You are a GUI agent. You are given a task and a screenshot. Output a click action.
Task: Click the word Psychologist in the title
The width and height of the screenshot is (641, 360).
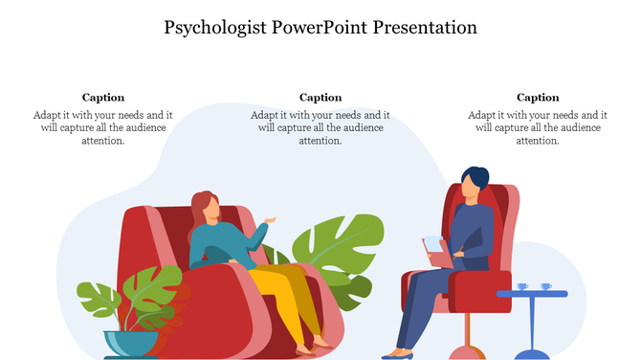pos(212,27)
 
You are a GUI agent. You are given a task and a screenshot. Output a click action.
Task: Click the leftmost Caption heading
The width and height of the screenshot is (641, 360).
pos(103,97)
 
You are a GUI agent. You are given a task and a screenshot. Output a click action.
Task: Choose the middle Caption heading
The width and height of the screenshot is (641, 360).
pos(320,97)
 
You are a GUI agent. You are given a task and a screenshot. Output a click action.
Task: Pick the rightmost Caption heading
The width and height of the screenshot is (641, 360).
pos(538,97)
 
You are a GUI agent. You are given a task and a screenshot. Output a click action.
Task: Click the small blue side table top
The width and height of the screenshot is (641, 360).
pos(532,294)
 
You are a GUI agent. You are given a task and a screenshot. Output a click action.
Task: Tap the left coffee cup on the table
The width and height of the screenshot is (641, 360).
pos(521,286)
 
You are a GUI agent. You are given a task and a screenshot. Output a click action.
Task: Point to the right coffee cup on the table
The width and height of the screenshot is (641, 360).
pos(545,286)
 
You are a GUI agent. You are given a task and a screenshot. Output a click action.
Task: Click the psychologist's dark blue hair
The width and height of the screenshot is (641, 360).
pos(476,176)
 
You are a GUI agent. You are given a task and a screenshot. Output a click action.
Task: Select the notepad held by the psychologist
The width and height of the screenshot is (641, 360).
pos(433,246)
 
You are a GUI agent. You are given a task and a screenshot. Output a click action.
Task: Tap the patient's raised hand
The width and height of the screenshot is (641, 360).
pos(271,221)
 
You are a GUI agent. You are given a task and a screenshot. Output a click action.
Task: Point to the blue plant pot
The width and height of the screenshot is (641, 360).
pos(131,343)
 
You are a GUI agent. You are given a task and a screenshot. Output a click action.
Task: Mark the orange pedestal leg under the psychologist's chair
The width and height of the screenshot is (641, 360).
pos(467,334)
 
